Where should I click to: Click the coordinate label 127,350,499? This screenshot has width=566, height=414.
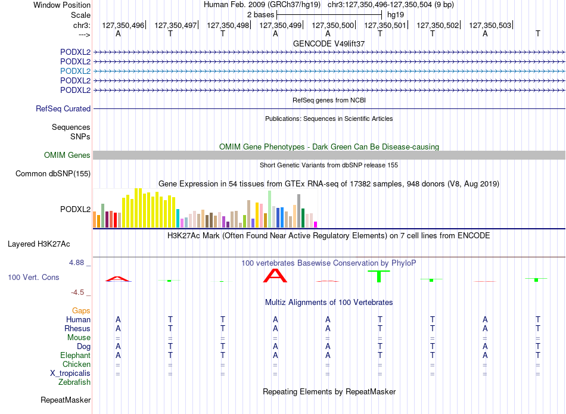tap(280, 25)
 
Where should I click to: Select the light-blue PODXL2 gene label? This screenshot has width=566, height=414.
tap(76, 71)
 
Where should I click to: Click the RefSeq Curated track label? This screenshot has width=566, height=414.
tap(63, 108)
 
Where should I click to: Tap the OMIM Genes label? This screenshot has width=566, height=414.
tap(67, 155)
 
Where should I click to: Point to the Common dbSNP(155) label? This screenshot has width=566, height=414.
tap(53, 173)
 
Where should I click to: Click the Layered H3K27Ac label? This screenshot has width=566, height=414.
tap(39, 244)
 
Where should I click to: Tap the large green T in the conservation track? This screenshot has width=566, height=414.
tap(379, 276)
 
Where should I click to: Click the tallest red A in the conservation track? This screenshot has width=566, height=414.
tap(275, 275)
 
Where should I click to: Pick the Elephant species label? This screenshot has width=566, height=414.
tap(76, 356)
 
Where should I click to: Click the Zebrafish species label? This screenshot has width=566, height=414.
tap(74, 382)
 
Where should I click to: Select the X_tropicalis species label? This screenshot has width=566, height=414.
tap(70, 373)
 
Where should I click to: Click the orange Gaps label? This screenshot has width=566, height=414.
tap(81, 311)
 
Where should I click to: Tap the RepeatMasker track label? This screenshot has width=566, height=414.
tap(66, 400)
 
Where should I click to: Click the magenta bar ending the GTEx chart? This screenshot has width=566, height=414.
tap(316, 225)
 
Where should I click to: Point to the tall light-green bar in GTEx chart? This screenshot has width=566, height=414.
tap(270, 209)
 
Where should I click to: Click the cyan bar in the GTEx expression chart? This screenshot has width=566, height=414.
tap(178, 219)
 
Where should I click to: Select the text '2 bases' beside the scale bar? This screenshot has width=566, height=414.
tap(260, 15)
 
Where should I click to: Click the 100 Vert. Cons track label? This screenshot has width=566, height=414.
tap(33, 277)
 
